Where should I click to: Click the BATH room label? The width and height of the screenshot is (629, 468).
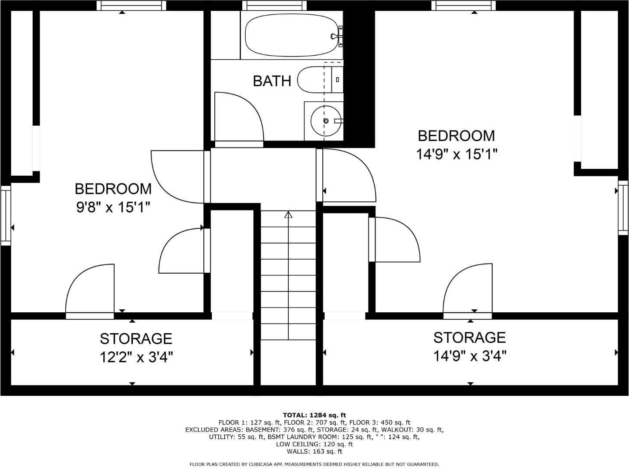272,81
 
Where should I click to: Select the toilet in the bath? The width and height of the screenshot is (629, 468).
320,80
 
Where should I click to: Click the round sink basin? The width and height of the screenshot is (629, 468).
326,121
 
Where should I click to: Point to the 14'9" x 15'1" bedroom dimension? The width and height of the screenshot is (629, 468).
457,154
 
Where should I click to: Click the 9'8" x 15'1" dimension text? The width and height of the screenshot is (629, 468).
113,207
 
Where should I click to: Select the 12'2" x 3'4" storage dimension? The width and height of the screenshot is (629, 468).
136,357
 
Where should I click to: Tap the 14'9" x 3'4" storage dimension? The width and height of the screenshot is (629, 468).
470,356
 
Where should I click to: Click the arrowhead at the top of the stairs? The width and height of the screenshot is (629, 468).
288,215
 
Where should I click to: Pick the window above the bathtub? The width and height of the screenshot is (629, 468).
274,5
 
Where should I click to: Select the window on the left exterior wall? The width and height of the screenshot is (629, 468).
6,215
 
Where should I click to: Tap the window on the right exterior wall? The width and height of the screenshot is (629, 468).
623,208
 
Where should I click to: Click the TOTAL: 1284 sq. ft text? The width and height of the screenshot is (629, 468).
314,415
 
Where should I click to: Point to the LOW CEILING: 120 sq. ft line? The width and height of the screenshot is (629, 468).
314,444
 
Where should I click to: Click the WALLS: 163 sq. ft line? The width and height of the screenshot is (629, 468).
314,451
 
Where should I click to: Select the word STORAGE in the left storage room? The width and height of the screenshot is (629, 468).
136,338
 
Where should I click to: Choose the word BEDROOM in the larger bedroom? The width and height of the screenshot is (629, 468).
457,136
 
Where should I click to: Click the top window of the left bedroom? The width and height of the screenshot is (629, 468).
131,5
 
